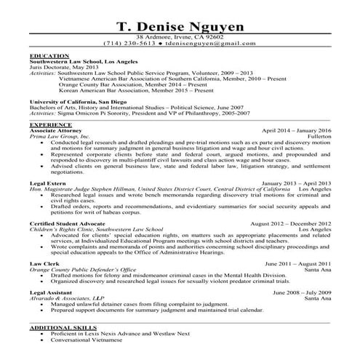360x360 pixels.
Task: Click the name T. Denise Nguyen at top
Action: (x=180, y=27)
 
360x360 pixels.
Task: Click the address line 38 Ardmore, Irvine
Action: (x=180, y=36)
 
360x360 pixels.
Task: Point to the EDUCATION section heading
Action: (x=50, y=56)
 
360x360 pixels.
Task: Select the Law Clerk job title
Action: (x=44, y=263)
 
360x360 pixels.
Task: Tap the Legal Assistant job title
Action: (x=52, y=292)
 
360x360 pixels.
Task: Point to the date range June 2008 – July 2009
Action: (x=298, y=292)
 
